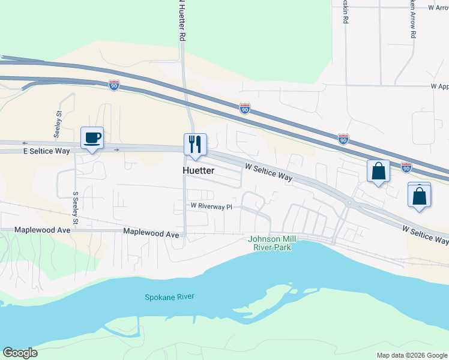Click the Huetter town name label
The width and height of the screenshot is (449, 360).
point(198,170)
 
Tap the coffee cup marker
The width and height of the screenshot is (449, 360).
point(92,139)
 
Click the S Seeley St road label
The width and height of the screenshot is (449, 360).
point(76,209)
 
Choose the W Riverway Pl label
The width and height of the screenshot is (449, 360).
point(211,206)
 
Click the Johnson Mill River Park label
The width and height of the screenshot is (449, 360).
point(270,243)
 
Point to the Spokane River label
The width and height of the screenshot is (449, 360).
point(170,297)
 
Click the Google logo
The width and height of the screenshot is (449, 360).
point(20,353)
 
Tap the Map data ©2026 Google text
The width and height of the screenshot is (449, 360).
point(412,355)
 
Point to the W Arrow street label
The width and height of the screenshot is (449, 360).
point(439,8)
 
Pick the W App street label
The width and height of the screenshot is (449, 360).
point(440,86)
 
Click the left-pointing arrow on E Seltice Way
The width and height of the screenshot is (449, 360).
point(25,143)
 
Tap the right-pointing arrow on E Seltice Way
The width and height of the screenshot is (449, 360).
point(117,149)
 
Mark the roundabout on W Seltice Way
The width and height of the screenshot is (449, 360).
point(349,203)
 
